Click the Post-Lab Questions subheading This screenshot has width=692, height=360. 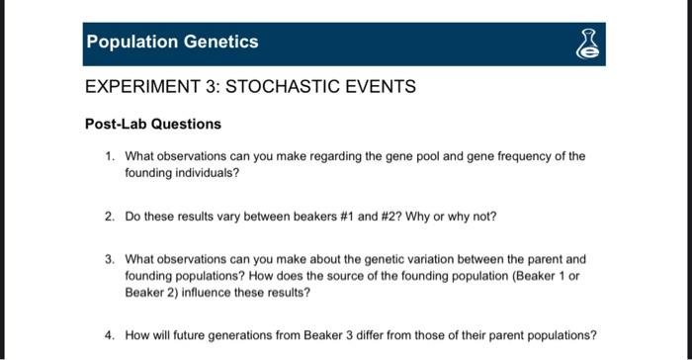coord(152,124)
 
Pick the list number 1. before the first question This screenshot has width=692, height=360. coord(111,156)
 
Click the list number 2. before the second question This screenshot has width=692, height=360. coord(111,217)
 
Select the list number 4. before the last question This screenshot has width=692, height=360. coord(111,334)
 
